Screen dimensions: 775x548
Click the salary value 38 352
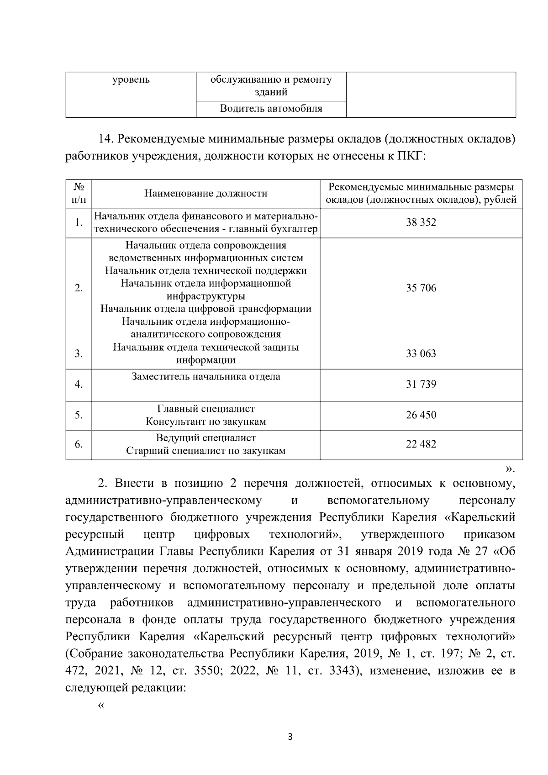pyautogui.click(x=421, y=223)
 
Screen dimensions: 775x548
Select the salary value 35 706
pyautogui.click(x=421, y=288)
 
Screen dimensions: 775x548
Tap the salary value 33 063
pyautogui.click(x=421, y=354)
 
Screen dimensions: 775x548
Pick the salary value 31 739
pyautogui.click(x=421, y=385)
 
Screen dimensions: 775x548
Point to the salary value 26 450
pyautogui.click(x=421, y=415)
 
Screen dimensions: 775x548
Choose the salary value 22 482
pyautogui.click(x=421, y=444)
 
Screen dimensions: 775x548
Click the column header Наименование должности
pyautogui.click(x=205, y=194)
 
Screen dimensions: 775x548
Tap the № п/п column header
pyautogui.click(x=79, y=194)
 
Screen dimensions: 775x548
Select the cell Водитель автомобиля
pyautogui.click(x=271, y=109)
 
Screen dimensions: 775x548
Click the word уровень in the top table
pyautogui.click(x=131, y=80)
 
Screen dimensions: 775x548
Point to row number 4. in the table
pyautogui.click(x=79, y=385)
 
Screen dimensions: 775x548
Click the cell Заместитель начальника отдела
pyautogui.click(x=205, y=377)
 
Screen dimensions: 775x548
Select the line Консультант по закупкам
pyautogui.click(x=205, y=422)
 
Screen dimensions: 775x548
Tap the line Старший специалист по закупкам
pyautogui.click(x=205, y=451)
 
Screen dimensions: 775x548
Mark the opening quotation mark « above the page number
pyautogui.click(x=101, y=705)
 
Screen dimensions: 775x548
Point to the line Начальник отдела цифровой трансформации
pyautogui.click(x=205, y=309)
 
